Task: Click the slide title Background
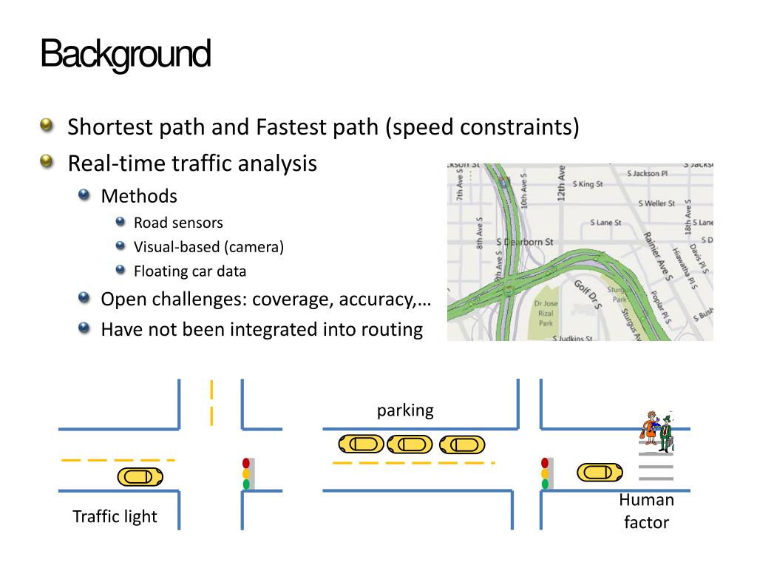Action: [x=125, y=55]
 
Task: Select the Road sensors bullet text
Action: [x=178, y=223]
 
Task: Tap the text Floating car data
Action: [x=190, y=271]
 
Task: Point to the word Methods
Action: [x=139, y=196]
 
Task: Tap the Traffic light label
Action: [x=115, y=516]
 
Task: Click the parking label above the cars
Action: [x=405, y=410]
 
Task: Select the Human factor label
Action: [x=646, y=511]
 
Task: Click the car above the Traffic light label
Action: [x=140, y=477]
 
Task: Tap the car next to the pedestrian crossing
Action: [x=600, y=472]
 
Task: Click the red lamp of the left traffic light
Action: [x=246, y=463]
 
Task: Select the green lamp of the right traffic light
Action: [x=546, y=484]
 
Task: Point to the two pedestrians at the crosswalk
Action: [x=657, y=432]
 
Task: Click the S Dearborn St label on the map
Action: [x=524, y=242]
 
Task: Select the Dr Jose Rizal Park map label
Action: [x=545, y=313]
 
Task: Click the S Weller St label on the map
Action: [x=656, y=203]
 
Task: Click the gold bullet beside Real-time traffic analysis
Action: [x=48, y=162]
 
